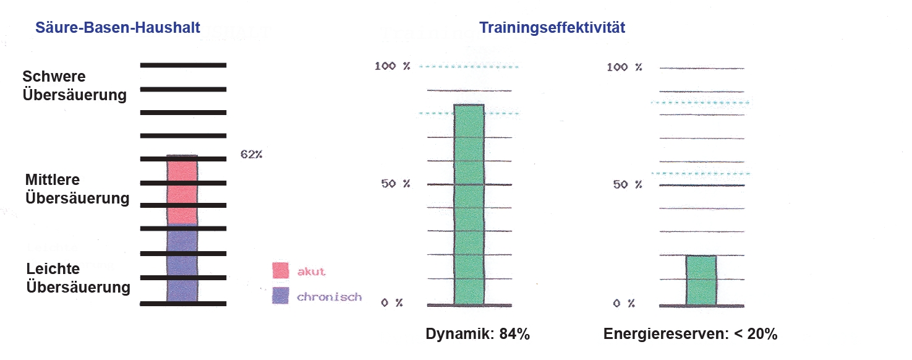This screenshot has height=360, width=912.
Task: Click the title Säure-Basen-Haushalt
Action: click(117, 28)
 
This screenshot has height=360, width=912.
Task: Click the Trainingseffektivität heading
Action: click(552, 28)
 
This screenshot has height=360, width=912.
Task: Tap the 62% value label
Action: click(251, 155)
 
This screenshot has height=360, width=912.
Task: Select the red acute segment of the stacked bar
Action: click(182, 192)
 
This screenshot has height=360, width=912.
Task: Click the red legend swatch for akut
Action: click(281, 271)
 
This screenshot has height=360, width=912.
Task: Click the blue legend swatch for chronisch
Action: click(281, 296)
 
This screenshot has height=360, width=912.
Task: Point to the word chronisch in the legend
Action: click(329, 297)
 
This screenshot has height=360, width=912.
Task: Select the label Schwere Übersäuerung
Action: click(74, 86)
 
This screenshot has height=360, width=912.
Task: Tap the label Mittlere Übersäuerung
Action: click(77, 189)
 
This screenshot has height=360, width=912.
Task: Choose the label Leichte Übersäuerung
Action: click(78, 278)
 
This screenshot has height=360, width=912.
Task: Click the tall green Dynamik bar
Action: click(469, 204)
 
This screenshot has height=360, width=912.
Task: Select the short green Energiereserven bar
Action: click(701, 280)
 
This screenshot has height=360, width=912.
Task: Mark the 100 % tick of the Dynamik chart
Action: click(392, 66)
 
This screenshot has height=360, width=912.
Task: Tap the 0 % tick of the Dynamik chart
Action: click(392, 302)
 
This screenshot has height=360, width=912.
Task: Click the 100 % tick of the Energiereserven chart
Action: click(624, 67)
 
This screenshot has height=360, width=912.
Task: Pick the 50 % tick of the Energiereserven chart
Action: click(626, 184)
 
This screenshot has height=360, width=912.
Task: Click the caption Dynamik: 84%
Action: click(477, 335)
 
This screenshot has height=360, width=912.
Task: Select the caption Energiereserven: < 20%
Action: click(690, 335)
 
